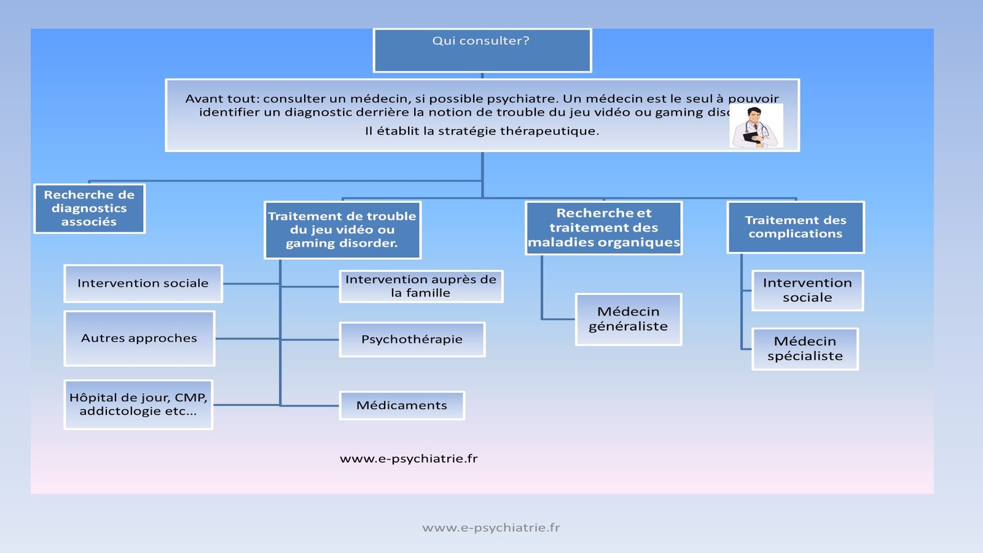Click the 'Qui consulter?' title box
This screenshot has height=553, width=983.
[482, 50]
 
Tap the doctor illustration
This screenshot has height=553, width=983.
[756, 127]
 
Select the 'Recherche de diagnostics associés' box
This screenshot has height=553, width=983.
[89, 209]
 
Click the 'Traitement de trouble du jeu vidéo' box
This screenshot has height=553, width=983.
[342, 230]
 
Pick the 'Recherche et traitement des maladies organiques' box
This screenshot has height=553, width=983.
[604, 228]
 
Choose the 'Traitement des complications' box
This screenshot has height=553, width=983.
[796, 227]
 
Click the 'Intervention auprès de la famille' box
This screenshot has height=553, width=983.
[421, 286]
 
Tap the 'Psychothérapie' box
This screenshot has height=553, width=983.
[412, 339]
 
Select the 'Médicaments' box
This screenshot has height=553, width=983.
[402, 406]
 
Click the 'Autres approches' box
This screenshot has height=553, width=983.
[139, 338]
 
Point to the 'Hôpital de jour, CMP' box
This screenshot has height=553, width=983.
[138, 404]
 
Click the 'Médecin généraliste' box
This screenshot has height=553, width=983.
[628, 319]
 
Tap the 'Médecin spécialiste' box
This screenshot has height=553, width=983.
[805, 348]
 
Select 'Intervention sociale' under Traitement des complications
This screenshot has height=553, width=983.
[807, 290]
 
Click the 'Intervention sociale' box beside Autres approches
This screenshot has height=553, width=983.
[143, 283]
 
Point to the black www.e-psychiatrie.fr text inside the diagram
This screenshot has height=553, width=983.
[409, 458]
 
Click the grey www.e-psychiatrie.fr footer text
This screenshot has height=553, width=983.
[491, 527]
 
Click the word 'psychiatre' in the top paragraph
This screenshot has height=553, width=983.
[521, 98]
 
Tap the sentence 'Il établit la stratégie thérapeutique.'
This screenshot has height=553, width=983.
[482, 131]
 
